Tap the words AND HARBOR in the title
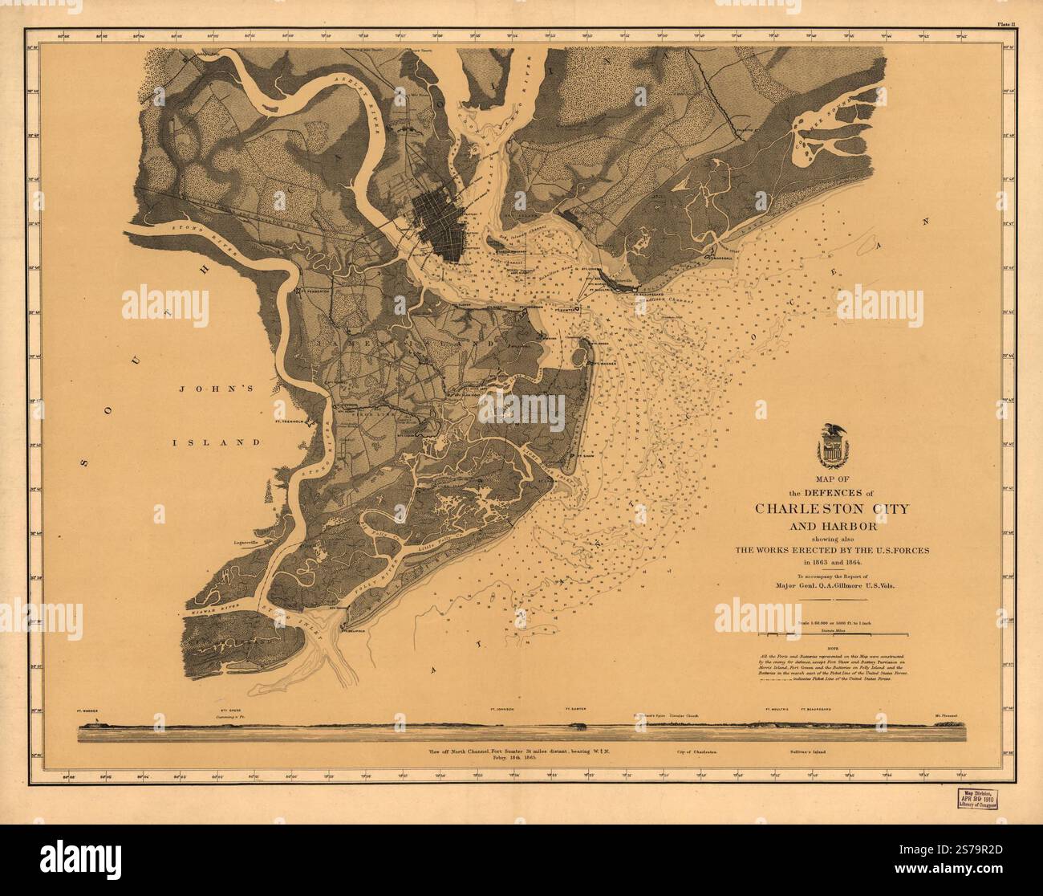click(x=831, y=526)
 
